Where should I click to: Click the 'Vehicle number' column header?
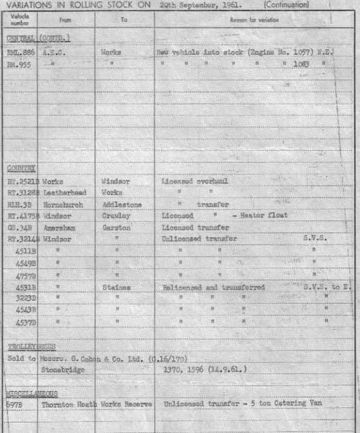pyautogui.click(x=20, y=20)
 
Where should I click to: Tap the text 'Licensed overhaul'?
pyautogui.click(x=192, y=181)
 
